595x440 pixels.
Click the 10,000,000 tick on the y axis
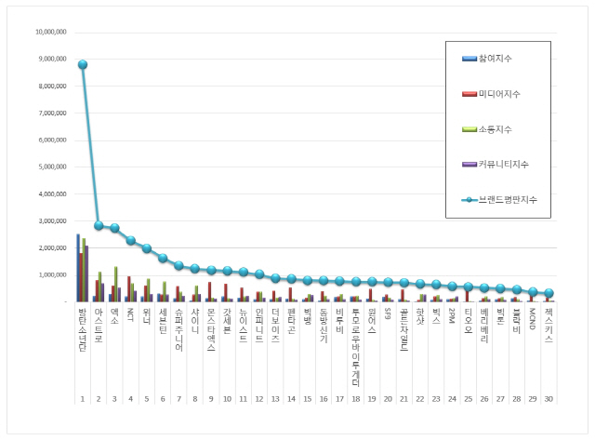pyautogui.click(x=51, y=32)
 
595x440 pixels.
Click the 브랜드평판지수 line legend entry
pyautogui.click(x=507, y=200)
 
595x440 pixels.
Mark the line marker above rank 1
pyautogui.click(x=83, y=65)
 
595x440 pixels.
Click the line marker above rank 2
pyautogui.click(x=99, y=225)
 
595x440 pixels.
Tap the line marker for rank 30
pyautogui.click(x=549, y=293)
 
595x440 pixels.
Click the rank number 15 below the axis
pyautogui.click(x=307, y=398)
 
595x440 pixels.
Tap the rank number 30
pyautogui.click(x=549, y=398)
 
